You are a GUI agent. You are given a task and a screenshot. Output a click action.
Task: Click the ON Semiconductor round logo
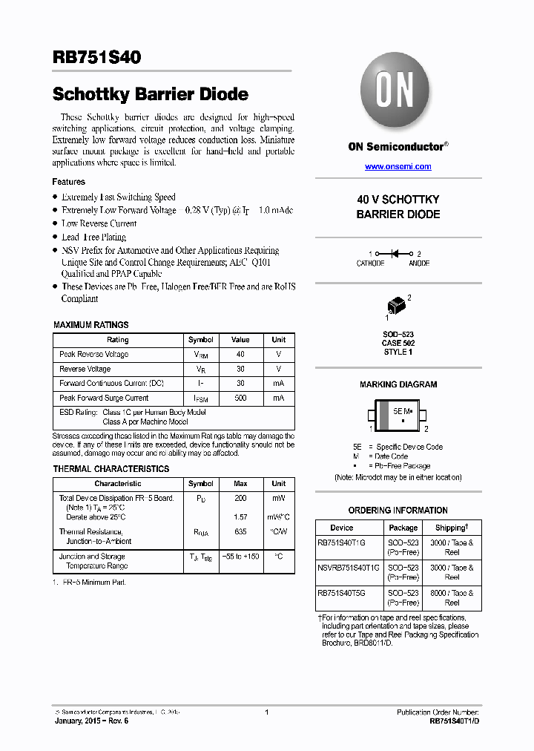398,94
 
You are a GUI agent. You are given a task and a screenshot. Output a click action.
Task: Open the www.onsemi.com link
398,166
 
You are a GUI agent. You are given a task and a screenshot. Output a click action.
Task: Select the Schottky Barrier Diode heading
150,94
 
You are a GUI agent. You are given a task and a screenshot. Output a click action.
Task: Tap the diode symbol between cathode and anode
395,254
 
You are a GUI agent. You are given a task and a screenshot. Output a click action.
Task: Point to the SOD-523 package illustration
397,306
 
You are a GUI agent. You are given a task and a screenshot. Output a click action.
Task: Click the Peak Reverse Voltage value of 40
240,355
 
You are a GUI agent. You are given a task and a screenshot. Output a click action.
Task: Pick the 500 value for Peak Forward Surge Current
240,399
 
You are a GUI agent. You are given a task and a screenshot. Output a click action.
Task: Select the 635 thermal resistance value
240,531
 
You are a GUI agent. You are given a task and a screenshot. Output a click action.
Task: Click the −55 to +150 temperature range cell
240,557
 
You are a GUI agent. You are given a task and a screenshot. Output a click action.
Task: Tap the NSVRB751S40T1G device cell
349,568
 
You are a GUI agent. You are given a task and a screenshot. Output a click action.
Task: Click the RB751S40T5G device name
342,593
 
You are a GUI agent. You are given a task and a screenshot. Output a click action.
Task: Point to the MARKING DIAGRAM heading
398,384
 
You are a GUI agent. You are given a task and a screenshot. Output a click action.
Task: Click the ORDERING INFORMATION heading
398,511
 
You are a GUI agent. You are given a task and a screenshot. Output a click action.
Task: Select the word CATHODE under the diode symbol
371,263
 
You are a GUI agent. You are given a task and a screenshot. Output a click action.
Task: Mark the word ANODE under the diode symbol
419,263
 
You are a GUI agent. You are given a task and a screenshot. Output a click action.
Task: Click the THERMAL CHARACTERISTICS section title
111,469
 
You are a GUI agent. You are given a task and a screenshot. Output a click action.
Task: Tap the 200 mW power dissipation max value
240,499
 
